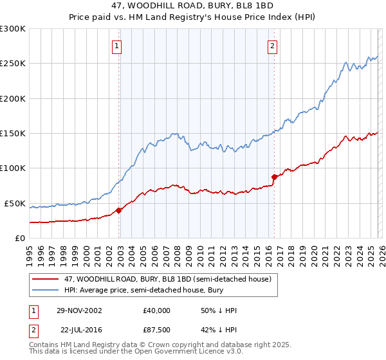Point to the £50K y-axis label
pyautogui.click(x=15, y=203)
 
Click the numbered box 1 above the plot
pyautogui.click(x=116, y=46)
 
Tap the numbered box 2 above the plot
pyautogui.click(x=273, y=46)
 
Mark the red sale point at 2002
pyautogui.click(x=119, y=210)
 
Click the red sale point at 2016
pyautogui.click(x=274, y=177)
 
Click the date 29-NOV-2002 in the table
pyautogui.click(x=78, y=310)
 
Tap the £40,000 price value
pyautogui.click(x=157, y=310)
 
